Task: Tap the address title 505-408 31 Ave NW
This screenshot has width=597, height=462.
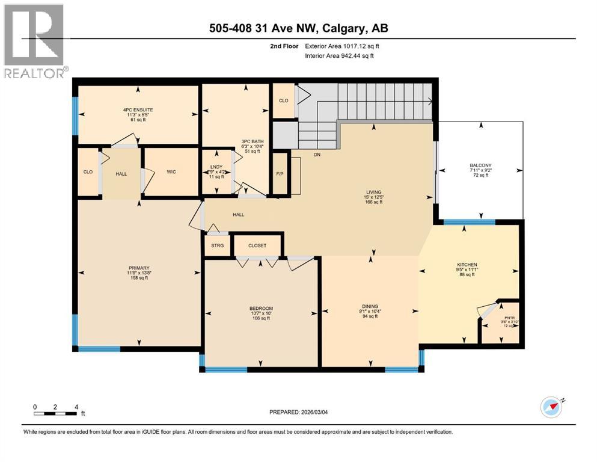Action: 298,29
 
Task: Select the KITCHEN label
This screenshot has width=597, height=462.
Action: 467,265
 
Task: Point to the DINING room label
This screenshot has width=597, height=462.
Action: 370,307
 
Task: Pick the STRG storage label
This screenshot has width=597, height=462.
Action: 216,245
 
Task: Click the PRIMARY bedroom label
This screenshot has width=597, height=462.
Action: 138,268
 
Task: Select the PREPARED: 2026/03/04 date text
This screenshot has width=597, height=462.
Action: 299,412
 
